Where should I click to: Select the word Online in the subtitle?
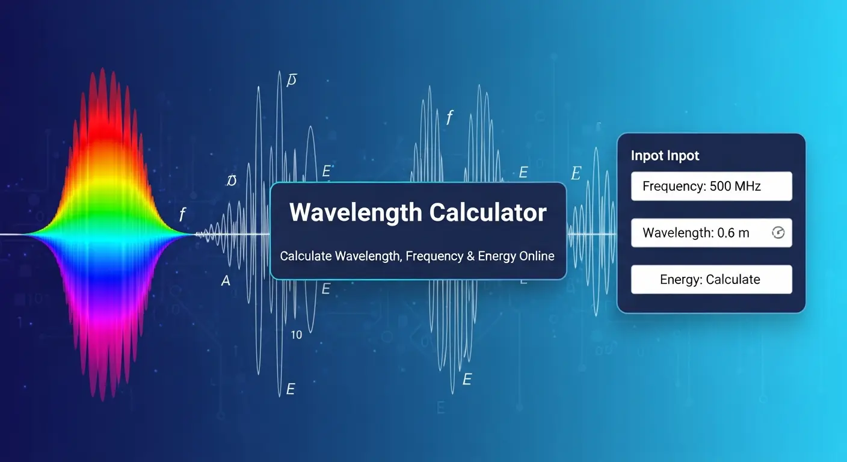(x=535, y=256)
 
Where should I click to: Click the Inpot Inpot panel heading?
(x=665, y=156)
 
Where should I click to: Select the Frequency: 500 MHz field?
(x=711, y=186)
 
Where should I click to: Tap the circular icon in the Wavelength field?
(x=778, y=233)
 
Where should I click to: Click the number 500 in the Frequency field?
(x=720, y=186)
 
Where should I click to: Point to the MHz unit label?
(x=748, y=186)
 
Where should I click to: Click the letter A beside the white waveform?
(x=226, y=281)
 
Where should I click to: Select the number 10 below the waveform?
(x=297, y=335)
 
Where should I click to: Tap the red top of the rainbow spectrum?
(x=101, y=96)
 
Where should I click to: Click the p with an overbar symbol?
(x=292, y=80)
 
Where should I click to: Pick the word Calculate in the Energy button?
(x=733, y=280)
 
